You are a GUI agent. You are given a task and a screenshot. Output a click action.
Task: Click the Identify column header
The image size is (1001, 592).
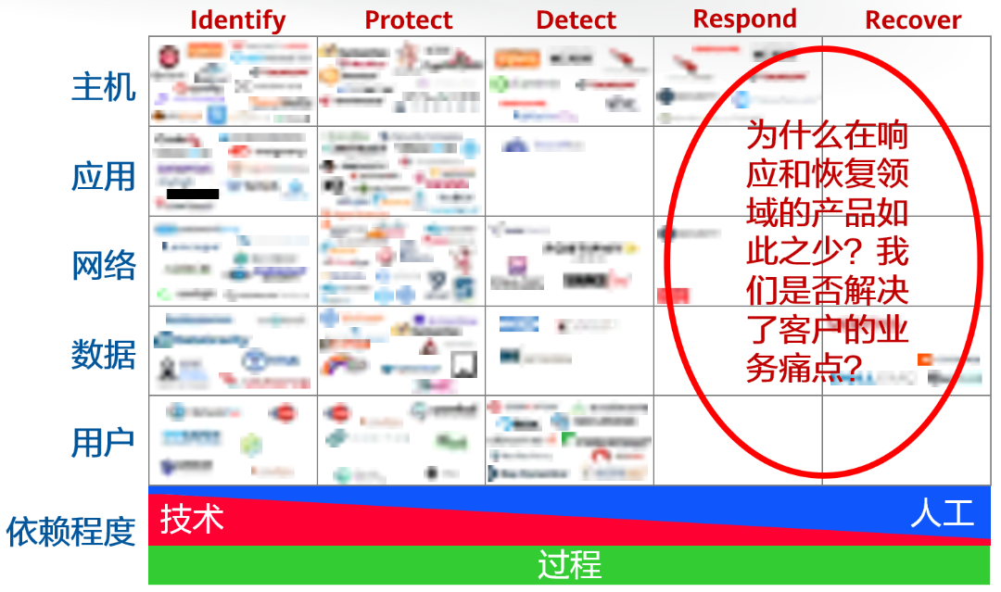pyautogui.click(x=238, y=20)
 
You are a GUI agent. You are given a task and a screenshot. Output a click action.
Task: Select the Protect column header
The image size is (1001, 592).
pyautogui.click(x=409, y=20)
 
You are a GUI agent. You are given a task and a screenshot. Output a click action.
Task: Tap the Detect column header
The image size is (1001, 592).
pyautogui.click(x=577, y=20)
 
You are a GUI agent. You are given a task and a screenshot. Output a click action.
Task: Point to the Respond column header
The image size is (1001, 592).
pyautogui.click(x=744, y=19)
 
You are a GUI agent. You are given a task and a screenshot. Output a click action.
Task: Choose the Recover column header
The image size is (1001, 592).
pyautogui.click(x=913, y=20)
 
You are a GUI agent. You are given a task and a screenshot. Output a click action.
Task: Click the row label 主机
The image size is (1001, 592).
pyautogui.click(x=104, y=86)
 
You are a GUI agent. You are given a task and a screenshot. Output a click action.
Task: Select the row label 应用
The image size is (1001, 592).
pyautogui.click(x=104, y=176)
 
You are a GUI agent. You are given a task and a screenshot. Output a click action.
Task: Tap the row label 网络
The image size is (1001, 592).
pyautogui.click(x=104, y=265)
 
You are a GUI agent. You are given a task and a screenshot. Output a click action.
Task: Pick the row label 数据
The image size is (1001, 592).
pyautogui.click(x=104, y=355)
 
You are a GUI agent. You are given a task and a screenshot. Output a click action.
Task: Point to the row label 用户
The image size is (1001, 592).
pyautogui.click(x=104, y=443)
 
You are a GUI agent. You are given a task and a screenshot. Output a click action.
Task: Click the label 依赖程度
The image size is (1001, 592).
pyautogui.click(x=71, y=532)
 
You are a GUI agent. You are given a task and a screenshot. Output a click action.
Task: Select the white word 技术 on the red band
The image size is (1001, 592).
pyautogui.click(x=192, y=519)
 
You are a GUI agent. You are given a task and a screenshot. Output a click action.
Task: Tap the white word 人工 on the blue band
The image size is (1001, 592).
pyautogui.click(x=943, y=512)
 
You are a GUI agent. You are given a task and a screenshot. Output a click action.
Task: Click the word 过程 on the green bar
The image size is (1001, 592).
pyautogui.click(x=569, y=564)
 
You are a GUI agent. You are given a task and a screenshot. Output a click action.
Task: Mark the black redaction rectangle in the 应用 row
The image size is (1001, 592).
pyautogui.click(x=193, y=195)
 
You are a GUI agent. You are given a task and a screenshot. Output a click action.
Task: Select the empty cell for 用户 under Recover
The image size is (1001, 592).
pyautogui.click(x=906, y=441)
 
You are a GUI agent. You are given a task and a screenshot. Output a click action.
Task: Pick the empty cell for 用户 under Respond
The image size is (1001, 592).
pyautogui.click(x=737, y=441)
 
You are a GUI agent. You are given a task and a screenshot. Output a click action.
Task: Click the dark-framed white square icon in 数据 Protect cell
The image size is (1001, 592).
pyautogui.click(x=463, y=364)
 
